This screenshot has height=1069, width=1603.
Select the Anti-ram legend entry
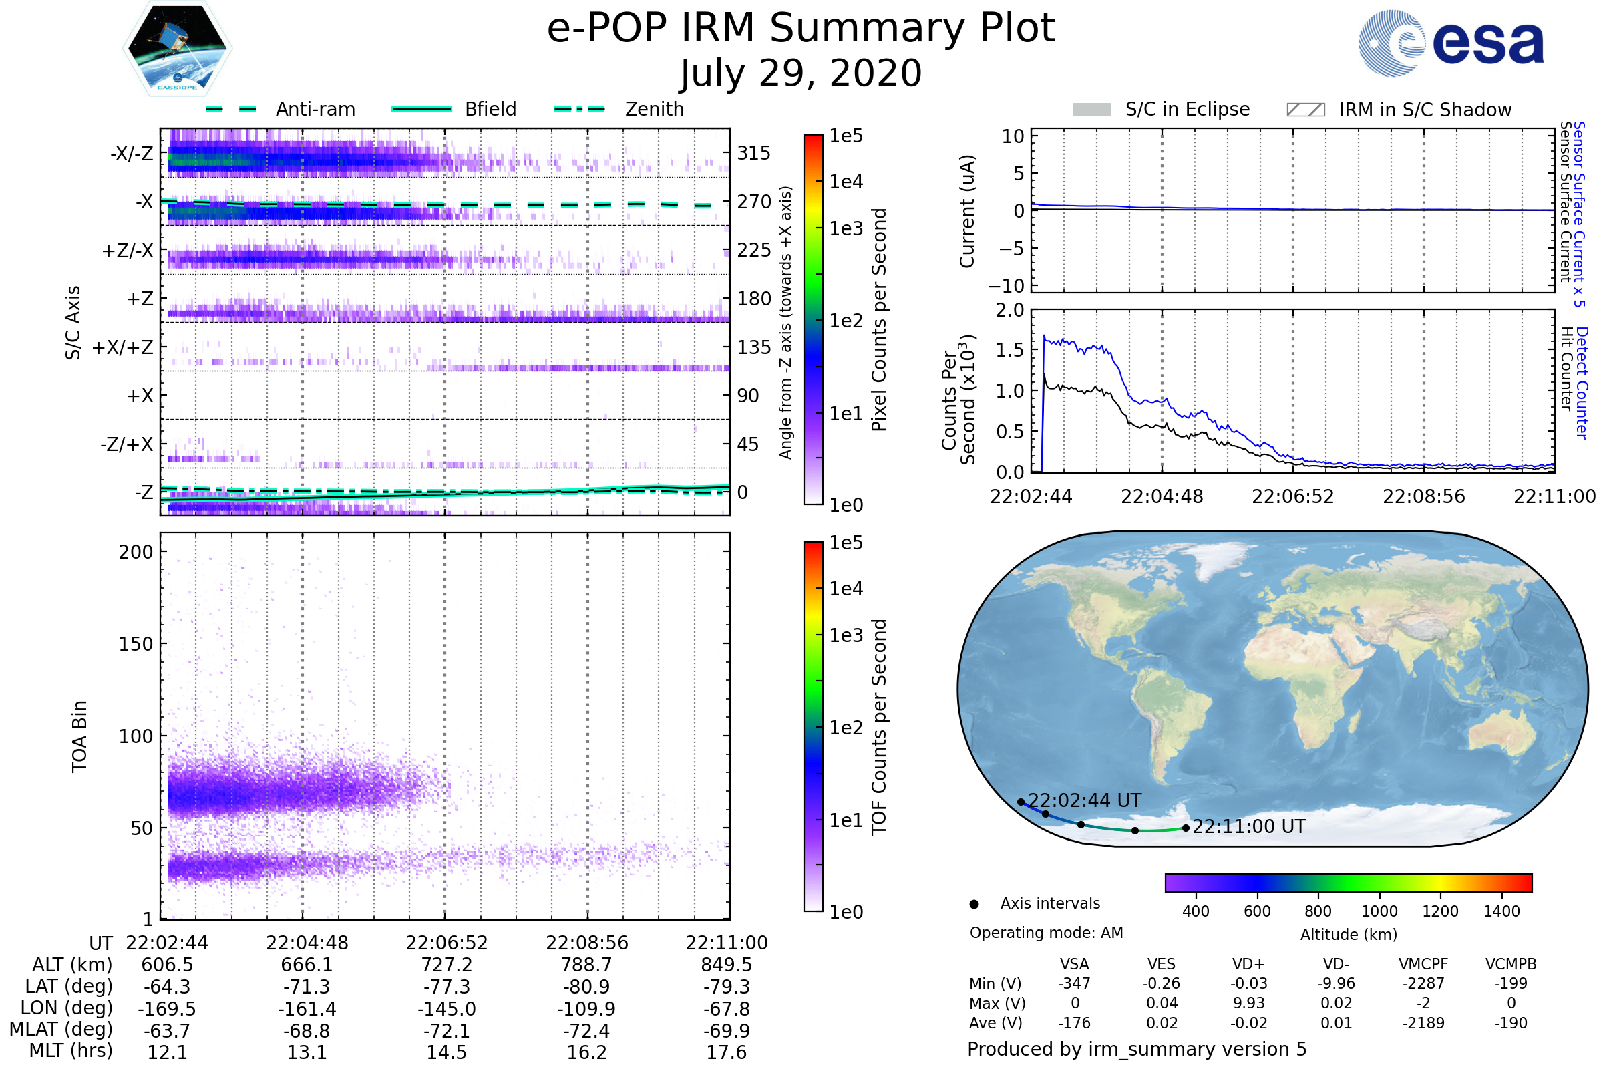[x=315, y=109]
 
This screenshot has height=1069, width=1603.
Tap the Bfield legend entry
[x=490, y=109]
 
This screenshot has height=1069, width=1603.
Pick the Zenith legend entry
[x=654, y=109]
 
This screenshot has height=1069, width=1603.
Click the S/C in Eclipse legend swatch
[x=1091, y=110]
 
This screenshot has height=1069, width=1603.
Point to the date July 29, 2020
[x=801, y=73]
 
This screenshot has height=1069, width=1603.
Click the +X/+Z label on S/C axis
[x=123, y=347]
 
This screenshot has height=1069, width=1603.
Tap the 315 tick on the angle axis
[x=753, y=153]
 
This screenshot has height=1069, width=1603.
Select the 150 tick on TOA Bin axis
[x=136, y=643]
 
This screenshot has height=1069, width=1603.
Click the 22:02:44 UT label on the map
[x=1083, y=800]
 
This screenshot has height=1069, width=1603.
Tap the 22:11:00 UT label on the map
[x=1248, y=826]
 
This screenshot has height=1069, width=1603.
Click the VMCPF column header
[x=1423, y=964]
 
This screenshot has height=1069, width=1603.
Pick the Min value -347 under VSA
[x=1074, y=983]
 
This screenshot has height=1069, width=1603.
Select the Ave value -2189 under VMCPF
[x=1423, y=1023]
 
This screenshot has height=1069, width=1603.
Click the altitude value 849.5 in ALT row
[x=727, y=965]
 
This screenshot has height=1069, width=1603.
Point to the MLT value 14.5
[x=446, y=1052]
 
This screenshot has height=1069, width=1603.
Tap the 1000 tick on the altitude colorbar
[x=1379, y=911]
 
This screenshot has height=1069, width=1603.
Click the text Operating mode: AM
[x=1046, y=932]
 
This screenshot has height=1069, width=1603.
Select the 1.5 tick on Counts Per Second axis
[x=1009, y=350]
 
